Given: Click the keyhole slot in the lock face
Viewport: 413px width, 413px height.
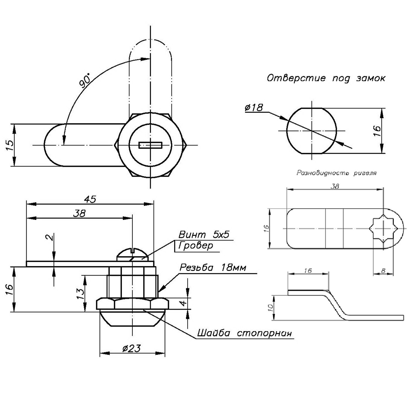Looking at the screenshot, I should point(151,145).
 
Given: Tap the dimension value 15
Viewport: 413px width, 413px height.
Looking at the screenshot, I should point(9,145).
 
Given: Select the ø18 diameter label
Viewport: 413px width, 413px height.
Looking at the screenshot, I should point(254,107).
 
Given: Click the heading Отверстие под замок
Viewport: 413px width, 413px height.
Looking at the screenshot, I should point(326,78).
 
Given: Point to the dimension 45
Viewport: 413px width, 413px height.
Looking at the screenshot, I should point(90,199).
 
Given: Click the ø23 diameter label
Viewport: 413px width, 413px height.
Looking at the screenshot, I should point(131,349).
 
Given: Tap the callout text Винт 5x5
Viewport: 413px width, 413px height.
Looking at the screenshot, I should point(204,235).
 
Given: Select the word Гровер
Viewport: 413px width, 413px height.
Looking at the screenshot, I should point(196,245).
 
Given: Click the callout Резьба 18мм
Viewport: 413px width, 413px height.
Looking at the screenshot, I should point(213,267).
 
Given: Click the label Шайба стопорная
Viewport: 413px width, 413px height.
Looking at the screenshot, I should point(244,333).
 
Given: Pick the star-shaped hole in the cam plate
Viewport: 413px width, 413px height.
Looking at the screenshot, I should point(383,229).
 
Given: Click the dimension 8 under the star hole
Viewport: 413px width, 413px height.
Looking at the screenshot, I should point(383,271).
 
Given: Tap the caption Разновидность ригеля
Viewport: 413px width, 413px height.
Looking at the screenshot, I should point(336,173).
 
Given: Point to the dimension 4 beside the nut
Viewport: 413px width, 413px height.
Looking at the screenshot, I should point(183,303).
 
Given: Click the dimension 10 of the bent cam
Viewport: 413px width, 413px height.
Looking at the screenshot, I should point(271,308).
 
